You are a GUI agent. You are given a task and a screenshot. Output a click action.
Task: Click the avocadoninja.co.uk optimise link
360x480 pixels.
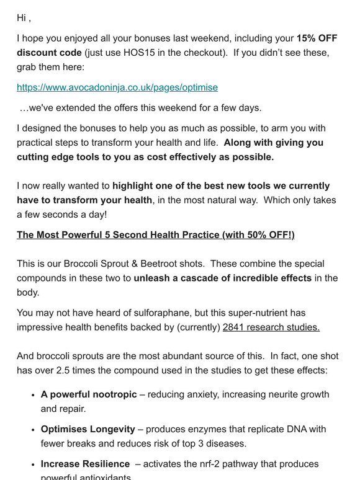click(x=117, y=87)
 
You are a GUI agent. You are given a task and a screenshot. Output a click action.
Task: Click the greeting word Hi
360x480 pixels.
click(x=23, y=18)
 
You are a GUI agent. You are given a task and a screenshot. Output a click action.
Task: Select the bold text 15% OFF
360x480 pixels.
click(x=317, y=38)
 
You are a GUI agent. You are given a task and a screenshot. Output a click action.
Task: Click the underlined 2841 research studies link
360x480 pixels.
click(x=271, y=327)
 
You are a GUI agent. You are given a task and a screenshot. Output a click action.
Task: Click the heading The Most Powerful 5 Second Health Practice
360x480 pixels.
click(x=155, y=235)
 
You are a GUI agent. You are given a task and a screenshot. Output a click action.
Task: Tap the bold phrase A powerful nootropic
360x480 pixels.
click(x=89, y=394)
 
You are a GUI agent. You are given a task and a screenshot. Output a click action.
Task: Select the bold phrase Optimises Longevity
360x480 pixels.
click(x=88, y=429)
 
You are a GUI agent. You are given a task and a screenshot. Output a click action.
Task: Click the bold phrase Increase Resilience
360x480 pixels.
click(x=85, y=464)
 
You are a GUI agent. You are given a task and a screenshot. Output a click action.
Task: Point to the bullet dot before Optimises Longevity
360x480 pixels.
click(x=32, y=430)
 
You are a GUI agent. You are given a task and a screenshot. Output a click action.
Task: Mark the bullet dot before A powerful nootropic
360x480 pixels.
click(x=32, y=395)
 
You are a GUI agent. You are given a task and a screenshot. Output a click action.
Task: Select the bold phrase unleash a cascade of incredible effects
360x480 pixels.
click(x=223, y=278)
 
